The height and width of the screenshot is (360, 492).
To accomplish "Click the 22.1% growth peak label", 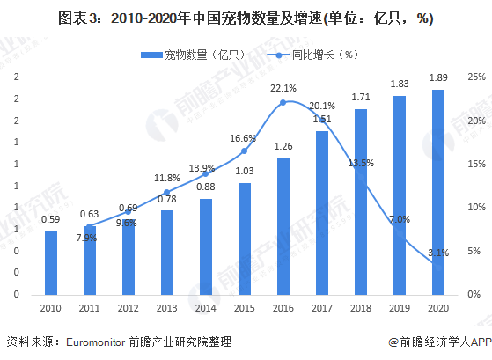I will pos(283,88).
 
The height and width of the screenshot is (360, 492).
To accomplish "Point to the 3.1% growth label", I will pos(437,253).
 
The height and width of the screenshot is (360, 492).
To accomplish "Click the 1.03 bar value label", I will pos(245,171).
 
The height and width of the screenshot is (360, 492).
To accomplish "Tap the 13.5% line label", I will pos(361,163).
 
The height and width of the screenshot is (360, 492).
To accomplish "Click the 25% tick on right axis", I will pos(475,77).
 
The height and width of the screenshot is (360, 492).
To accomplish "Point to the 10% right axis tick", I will pos(475,208).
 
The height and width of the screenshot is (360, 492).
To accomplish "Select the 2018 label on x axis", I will pos(360,307).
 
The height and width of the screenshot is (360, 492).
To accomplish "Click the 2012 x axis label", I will pos(129,307).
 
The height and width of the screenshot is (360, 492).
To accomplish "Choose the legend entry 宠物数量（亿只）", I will pos(190,55).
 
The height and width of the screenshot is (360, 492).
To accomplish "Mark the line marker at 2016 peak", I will pos(283,102).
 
